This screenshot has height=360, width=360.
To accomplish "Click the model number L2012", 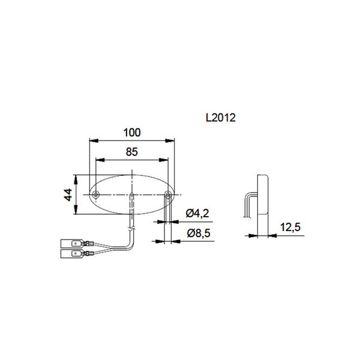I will (220, 118).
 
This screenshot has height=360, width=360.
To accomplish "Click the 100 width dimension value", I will (133, 133).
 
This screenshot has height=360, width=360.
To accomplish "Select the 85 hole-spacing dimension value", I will (133, 152).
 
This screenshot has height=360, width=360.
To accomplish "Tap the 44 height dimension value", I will (68, 194).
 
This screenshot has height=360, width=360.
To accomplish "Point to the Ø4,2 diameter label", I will (197, 213).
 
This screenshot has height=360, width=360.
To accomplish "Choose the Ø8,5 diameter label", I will (197, 233).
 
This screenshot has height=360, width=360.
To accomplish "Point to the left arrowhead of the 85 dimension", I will (99, 160).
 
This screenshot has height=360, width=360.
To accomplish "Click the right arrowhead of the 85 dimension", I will (166, 160).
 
